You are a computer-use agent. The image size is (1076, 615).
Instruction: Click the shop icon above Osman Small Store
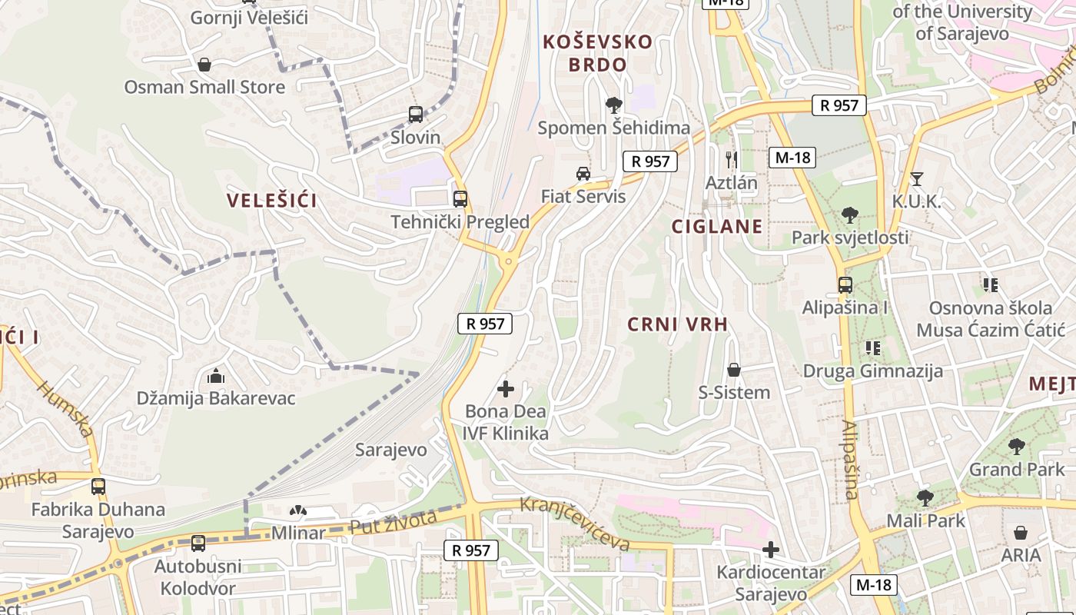204,65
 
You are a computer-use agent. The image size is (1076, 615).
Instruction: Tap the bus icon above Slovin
416,115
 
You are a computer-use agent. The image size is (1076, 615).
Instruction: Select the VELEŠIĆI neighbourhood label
272,201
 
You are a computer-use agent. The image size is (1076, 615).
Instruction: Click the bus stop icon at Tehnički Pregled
460,199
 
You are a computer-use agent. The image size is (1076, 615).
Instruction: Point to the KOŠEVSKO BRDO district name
598,53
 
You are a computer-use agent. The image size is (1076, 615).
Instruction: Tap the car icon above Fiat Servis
583,174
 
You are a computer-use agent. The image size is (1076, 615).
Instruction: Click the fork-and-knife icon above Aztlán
732,160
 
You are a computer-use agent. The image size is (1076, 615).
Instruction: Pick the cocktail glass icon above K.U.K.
916,179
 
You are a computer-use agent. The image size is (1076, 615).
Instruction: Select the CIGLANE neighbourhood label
717,226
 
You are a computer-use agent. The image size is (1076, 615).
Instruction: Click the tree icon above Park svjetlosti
849,215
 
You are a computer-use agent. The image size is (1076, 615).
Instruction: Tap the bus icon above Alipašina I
845,285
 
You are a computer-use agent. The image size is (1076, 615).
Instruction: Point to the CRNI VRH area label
677,324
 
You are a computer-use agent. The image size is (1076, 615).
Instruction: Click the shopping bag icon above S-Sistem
734,371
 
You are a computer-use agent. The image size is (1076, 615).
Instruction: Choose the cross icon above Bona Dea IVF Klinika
506,389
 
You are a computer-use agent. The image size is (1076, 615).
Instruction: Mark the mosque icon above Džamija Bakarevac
216,377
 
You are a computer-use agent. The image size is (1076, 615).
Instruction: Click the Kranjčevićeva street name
576,524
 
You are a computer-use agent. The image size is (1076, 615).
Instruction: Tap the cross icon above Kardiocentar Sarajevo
771,550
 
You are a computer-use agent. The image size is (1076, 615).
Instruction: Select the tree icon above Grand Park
1017,447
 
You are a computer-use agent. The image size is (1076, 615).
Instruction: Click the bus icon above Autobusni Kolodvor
198,544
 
